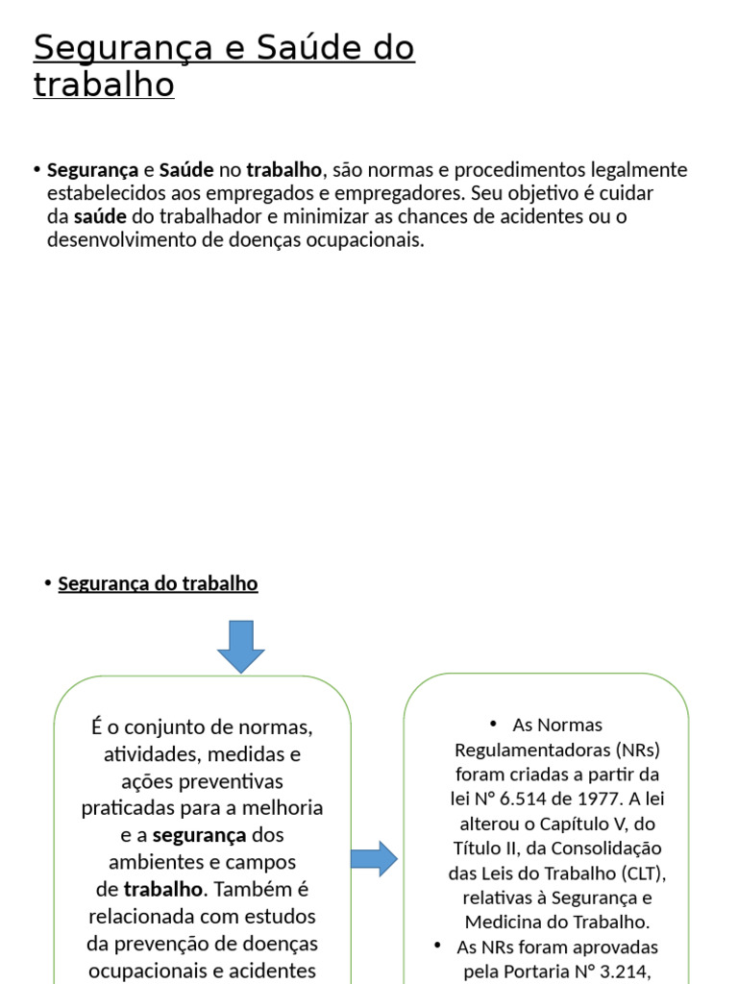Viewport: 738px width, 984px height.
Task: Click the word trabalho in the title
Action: point(104,85)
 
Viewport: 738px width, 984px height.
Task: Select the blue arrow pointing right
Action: point(374,858)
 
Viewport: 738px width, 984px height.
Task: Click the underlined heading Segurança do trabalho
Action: point(158,583)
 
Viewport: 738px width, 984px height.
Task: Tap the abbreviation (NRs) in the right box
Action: point(633,749)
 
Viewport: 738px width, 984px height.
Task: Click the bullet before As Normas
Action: point(491,723)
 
